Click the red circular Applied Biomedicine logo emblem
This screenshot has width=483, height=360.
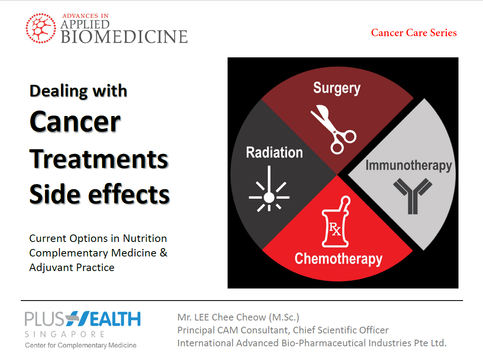tap(41, 28)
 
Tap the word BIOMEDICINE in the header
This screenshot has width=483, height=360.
tap(124, 37)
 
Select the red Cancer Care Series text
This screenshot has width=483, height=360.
tap(414, 33)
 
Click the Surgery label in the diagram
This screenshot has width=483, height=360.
tap(337, 88)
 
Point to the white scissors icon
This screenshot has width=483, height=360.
tap(333, 129)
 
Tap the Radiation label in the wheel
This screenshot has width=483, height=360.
tap(274, 153)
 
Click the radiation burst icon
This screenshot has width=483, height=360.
tap(269, 189)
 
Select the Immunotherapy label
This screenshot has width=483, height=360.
tap(409, 165)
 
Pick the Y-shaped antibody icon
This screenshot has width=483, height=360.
tap(413, 196)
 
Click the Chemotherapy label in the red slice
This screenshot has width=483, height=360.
tap(338, 259)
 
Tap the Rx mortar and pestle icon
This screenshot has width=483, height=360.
tap(336, 221)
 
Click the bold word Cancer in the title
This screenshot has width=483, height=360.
tap(75, 122)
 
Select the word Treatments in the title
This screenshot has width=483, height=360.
tap(99, 159)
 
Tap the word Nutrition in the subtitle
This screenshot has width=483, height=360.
tap(145, 238)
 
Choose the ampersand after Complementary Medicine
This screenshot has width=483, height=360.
tap(164, 252)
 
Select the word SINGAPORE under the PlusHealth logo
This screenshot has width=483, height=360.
tap(64, 334)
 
